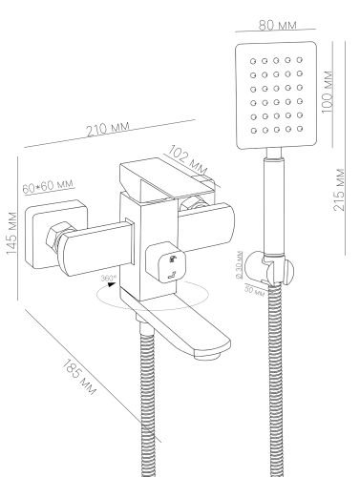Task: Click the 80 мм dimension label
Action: pos(277,25)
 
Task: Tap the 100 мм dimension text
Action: pos(328,92)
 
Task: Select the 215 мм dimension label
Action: pos(339,190)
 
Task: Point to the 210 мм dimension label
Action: pos(109,129)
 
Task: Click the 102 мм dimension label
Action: pos(187,159)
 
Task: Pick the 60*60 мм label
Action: pos(48,186)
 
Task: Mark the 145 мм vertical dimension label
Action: pos(11,233)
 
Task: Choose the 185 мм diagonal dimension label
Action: pos(78,377)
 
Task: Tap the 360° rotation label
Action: pos(109,278)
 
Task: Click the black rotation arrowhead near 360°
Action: pos(111,284)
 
